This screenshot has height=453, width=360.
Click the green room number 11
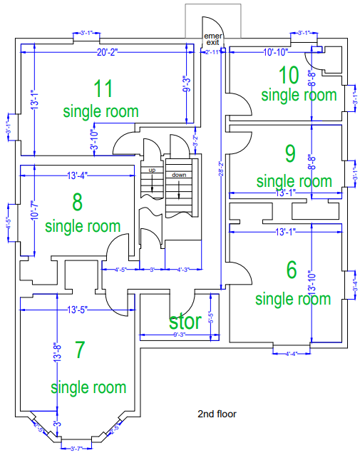tap(103, 89)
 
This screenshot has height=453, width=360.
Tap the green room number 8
tap(77, 203)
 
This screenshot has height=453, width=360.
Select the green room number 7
tap(80, 350)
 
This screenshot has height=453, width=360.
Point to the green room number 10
tap(288, 75)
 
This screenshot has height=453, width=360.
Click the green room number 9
tap(289, 153)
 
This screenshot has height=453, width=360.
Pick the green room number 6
tap(291, 270)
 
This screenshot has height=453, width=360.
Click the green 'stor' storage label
tap(185, 321)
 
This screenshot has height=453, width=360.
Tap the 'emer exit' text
tap(212, 39)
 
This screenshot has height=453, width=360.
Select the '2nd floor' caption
tap(217, 414)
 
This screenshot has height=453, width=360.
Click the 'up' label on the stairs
tap(152, 170)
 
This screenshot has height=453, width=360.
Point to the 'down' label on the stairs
tap(179, 175)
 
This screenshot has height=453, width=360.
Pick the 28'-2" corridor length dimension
tap(222, 171)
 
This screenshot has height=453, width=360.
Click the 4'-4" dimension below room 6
tap(292, 353)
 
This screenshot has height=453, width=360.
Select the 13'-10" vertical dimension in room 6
tap(311, 284)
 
